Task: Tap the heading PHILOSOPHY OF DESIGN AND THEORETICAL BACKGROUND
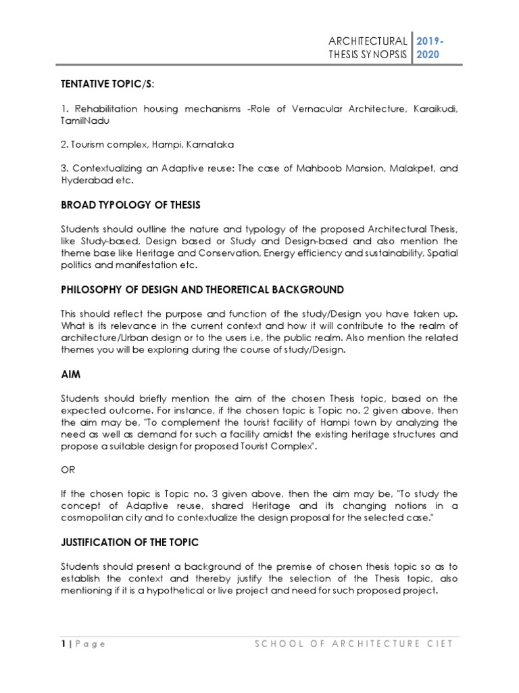click(x=202, y=290)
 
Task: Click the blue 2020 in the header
click(x=428, y=55)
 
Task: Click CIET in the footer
click(x=439, y=644)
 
